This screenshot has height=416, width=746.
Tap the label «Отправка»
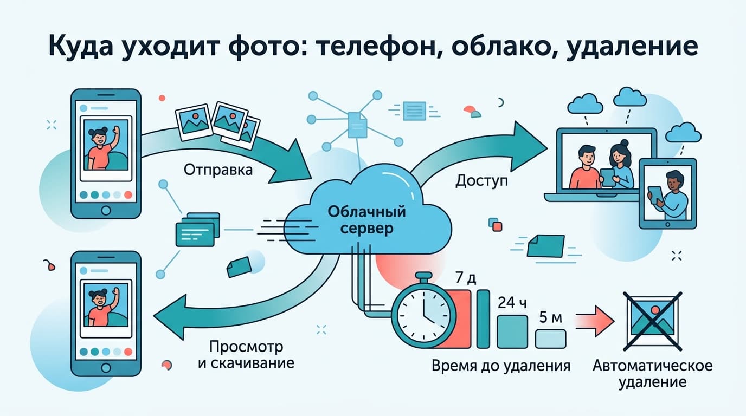218,170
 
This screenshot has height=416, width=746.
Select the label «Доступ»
481,181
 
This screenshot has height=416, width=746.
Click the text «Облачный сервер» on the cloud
366,220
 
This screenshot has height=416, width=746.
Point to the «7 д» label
466,277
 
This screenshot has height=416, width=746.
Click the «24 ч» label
512,303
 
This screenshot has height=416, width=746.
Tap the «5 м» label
550,317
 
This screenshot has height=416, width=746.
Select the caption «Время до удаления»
501,366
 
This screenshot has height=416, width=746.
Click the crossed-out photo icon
652,322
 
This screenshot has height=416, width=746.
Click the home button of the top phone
106,210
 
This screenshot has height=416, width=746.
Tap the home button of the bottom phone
106,368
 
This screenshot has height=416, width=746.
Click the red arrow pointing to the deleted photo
595,321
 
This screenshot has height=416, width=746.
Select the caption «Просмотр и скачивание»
246,355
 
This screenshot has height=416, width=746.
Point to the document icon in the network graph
357,125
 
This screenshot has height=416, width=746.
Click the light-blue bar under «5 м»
550,339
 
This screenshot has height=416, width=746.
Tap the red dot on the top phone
128,195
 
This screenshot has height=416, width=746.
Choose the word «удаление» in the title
633,47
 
